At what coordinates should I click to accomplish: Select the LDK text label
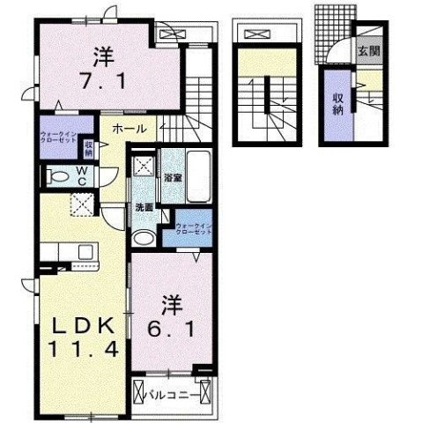pyautogui.click(x=83, y=325)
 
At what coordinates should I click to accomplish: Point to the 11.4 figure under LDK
pyautogui.click(x=83, y=349)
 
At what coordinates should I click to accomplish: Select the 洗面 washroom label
pyautogui.click(x=144, y=208)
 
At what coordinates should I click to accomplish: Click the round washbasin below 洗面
pyautogui.click(x=144, y=237)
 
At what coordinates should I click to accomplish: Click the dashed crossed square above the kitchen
pyautogui.click(x=83, y=205)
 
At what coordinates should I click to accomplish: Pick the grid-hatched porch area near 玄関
pyautogui.click(x=331, y=27)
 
